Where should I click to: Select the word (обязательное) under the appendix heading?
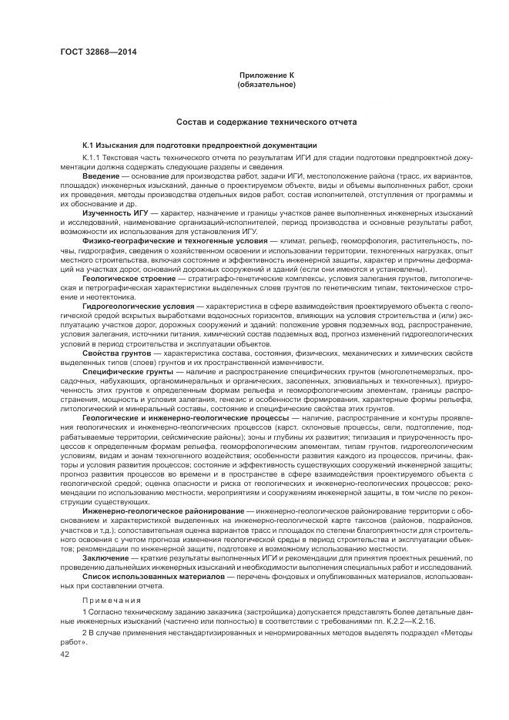coord(267,84)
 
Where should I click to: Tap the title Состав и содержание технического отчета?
coord(267,122)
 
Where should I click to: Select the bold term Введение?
coord(101,176)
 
